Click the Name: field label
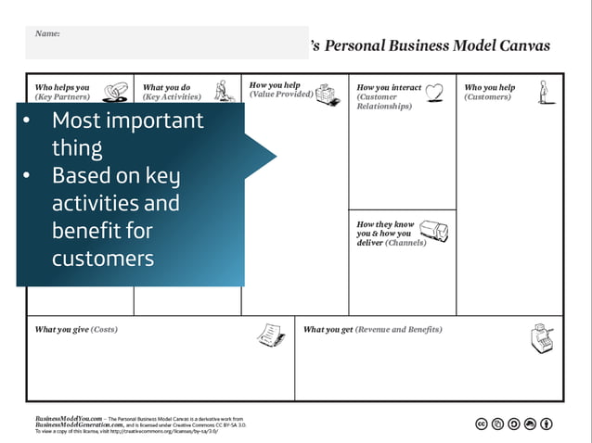point(47,33)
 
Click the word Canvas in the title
point(522,45)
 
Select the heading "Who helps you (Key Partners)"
point(62,92)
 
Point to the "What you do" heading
point(167,88)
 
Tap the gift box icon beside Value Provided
point(327,94)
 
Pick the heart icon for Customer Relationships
point(433,92)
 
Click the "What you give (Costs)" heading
point(76,329)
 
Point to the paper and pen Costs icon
point(270,333)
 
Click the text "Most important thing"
point(127,133)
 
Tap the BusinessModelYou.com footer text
point(69,419)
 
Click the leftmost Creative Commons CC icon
point(482,424)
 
